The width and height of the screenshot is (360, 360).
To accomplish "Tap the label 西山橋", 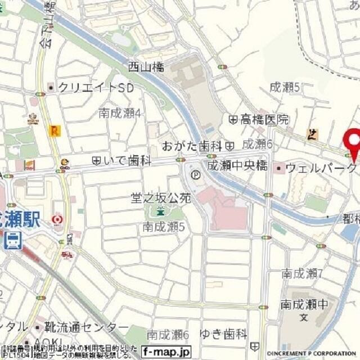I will click(146, 67).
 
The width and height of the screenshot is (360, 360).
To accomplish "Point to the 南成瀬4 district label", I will click(119, 113).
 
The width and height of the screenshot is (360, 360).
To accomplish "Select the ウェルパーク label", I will click(321, 168).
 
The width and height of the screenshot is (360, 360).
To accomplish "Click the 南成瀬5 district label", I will click(164, 227).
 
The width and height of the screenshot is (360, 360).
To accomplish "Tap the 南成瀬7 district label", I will click(302, 274).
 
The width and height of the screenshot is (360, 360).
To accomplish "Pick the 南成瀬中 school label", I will click(304, 305).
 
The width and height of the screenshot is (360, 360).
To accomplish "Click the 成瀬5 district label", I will click(285, 87).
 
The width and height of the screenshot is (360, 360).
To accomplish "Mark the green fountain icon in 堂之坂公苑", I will click(160, 212).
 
